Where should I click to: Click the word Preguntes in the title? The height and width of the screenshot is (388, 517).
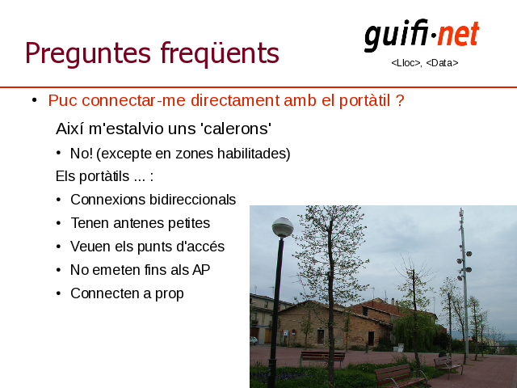(88, 53)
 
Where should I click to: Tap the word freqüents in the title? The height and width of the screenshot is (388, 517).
(220, 52)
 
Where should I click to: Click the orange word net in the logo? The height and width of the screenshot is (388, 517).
(459, 34)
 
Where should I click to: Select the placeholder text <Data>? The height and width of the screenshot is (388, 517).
(442, 63)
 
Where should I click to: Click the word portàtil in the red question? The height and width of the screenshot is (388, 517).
(364, 101)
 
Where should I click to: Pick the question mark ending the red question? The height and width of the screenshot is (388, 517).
(400, 100)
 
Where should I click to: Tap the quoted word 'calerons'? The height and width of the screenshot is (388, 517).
(236, 129)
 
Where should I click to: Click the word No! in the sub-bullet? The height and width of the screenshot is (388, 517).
(82, 154)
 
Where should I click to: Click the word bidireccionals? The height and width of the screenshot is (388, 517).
(192, 200)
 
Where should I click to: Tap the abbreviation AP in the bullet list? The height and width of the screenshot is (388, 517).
(201, 270)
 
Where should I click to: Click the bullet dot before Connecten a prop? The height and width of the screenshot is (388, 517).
(59, 293)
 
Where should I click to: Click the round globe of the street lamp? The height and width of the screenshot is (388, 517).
(283, 227)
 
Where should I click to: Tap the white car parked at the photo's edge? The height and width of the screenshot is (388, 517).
(253, 340)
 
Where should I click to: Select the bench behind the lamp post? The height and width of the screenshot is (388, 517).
(322, 358)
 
